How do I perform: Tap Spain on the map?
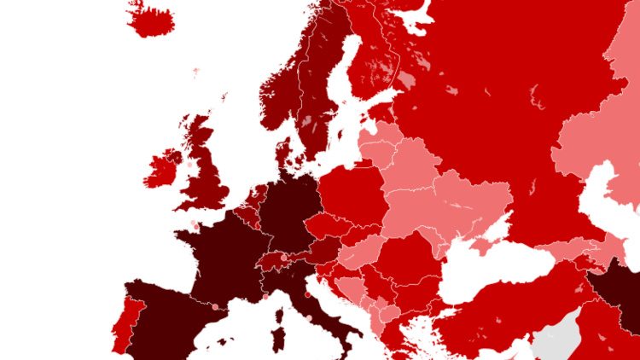click(166, 320)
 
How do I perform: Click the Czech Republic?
click(329, 226)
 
